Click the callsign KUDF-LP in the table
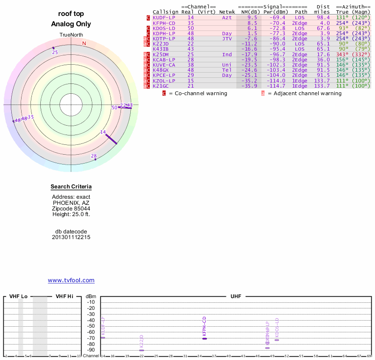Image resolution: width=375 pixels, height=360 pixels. point(164,17)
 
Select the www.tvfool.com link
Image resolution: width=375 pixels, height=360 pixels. point(71,280)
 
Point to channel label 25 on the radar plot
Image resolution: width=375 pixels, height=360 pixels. point(55,52)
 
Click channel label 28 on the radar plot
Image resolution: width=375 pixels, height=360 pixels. point(94,156)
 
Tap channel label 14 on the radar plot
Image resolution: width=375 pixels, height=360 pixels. point(103,132)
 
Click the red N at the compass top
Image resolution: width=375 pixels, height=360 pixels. point(84,44)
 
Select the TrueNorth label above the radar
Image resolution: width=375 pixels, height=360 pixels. point(71,35)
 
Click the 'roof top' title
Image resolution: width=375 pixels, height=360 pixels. point(71,14)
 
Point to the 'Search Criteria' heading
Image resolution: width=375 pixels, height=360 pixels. point(71,187)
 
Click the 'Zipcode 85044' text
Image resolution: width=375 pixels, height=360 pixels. point(71,209)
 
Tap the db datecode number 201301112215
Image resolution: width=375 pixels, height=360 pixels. point(71,237)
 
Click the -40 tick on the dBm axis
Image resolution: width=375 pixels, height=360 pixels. point(91,320)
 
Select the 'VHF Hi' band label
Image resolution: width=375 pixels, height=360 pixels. point(64,296)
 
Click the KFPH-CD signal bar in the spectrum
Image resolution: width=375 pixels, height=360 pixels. point(204,338)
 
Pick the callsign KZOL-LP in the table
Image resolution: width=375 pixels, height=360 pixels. point(164,81)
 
